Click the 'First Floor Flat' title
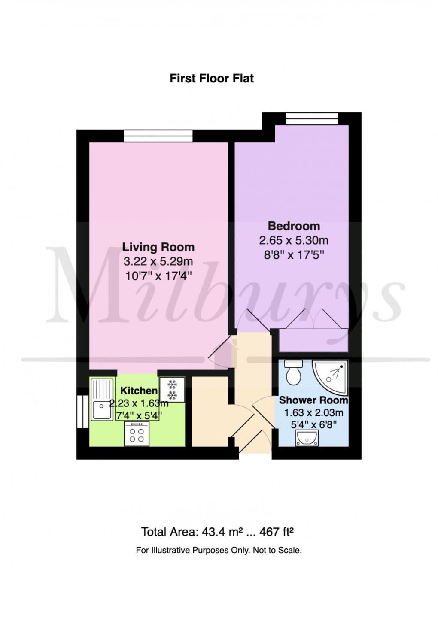pyautogui.click(x=212, y=79)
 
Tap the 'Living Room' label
pyautogui.click(x=158, y=247)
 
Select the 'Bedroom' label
pyautogui.click(x=294, y=226)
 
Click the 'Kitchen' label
pyautogui.click(x=139, y=391)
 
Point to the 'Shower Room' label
pyautogui.click(x=313, y=400)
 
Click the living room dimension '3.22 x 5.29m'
pyautogui.click(x=158, y=261)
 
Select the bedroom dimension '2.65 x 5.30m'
pyautogui.click(x=294, y=240)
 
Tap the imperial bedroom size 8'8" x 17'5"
pyautogui.click(x=294, y=255)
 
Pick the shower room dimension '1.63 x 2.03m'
pyautogui.click(x=313, y=413)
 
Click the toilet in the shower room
pyautogui.click(x=294, y=372)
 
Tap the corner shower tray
pyautogui.click(x=331, y=375)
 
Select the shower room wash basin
pyautogui.click(x=307, y=438)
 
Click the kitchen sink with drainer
pyautogui.click(x=102, y=399)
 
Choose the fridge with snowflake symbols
pyautogui.click(x=172, y=390)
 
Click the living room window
pyautogui.click(x=158, y=136)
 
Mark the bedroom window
pyautogui.click(x=312, y=118)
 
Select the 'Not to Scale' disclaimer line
pyautogui.click(x=219, y=550)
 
